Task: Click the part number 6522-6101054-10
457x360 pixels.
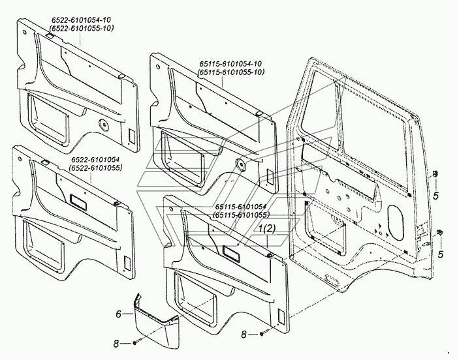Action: click(x=82, y=20)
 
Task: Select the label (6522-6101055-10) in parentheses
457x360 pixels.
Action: click(x=82, y=29)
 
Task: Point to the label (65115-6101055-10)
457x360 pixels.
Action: click(x=231, y=72)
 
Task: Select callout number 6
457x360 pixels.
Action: click(x=118, y=314)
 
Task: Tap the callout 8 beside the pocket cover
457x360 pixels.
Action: click(x=116, y=344)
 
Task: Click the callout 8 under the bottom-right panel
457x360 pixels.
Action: click(x=244, y=335)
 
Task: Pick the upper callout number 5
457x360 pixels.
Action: click(x=435, y=196)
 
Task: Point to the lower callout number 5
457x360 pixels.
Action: click(x=441, y=254)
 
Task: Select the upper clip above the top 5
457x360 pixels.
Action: click(x=435, y=174)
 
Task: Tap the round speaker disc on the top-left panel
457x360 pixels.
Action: click(x=103, y=125)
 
